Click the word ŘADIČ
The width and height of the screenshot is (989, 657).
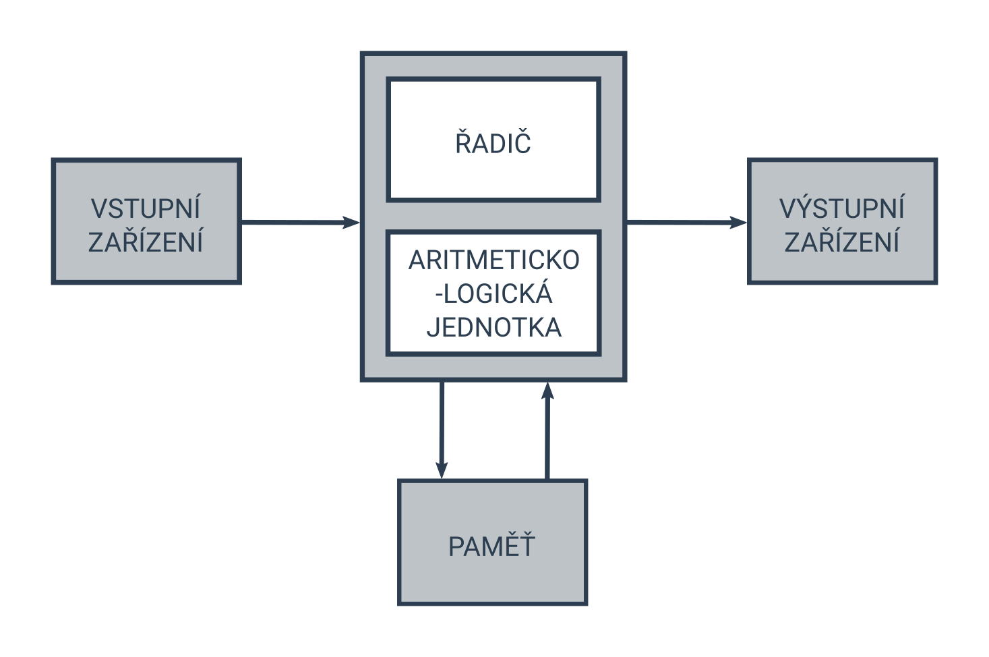(x=493, y=144)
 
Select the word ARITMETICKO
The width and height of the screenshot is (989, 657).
(x=493, y=260)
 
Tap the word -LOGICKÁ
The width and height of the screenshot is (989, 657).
(x=493, y=294)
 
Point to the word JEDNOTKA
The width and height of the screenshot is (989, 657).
(x=493, y=328)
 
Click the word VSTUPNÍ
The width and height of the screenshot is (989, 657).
(x=146, y=209)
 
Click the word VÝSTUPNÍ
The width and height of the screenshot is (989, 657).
(x=842, y=209)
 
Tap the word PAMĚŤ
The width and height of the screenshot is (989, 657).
(x=492, y=546)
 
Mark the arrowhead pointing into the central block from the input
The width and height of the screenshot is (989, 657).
(x=352, y=222)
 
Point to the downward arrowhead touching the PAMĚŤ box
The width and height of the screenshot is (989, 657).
(x=442, y=471)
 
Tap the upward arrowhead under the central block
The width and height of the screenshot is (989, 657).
(x=547, y=391)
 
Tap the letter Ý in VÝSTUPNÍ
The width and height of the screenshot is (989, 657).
(x=809, y=208)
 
